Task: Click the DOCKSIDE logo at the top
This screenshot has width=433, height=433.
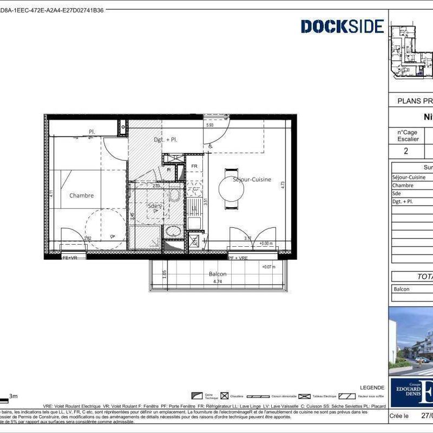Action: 342,26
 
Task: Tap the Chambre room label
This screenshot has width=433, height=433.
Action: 81,195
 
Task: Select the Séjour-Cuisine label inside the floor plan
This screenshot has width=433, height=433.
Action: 252,180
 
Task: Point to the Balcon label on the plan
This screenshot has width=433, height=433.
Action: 218,274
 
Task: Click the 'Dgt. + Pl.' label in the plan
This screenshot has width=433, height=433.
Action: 165,140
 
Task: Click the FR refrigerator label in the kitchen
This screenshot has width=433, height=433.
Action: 193,166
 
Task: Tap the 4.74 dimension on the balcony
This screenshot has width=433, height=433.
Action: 218,281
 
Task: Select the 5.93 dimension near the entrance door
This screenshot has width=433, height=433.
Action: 210,126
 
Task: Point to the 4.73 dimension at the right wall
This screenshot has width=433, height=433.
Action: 283,184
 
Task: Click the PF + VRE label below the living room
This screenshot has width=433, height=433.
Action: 238,258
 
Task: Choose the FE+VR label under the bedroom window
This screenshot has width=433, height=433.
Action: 70,258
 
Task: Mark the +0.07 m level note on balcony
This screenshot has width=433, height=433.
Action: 268,267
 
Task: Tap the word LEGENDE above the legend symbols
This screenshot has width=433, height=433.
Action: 372,388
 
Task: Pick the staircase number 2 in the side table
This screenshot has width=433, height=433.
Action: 406,150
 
